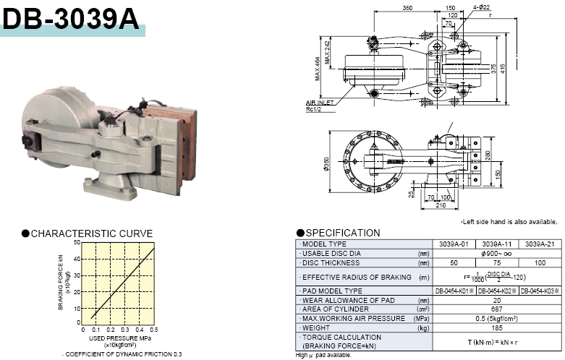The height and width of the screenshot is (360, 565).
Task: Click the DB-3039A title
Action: point(70,20)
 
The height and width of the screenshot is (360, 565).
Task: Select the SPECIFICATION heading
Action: point(342,233)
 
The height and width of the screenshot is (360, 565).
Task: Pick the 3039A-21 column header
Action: point(538,244)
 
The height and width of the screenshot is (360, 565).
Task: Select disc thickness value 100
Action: point(538,262)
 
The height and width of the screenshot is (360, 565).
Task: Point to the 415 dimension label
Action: point(514,67)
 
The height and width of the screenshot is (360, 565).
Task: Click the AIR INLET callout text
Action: point(319,103)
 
